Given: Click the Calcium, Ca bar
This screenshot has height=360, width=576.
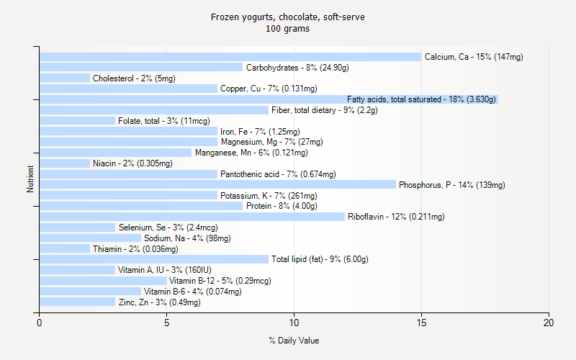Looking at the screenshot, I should point(230,57).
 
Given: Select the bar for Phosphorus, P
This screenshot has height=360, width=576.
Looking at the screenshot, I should point(217,184).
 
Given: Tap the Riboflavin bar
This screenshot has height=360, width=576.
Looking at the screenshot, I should point(192,217).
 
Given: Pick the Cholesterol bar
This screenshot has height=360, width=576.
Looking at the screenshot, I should point(65,78).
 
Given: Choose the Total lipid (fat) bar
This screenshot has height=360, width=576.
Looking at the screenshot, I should point(154,259).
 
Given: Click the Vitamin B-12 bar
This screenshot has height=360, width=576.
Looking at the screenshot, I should point(103,281).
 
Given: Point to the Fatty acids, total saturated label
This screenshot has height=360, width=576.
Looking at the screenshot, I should point(421,99).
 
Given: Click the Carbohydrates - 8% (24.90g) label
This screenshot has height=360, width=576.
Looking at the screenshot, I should point(297,68).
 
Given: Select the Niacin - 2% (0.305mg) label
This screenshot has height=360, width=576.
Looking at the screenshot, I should point(132,163).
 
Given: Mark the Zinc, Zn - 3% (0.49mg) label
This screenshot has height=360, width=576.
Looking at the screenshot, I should point(159,302).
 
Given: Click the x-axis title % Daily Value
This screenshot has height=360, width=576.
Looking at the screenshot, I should point(294,341).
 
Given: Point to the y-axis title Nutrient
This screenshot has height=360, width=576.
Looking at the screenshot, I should point(30,179).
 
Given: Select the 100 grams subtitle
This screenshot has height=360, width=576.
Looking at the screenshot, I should point(288,29).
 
